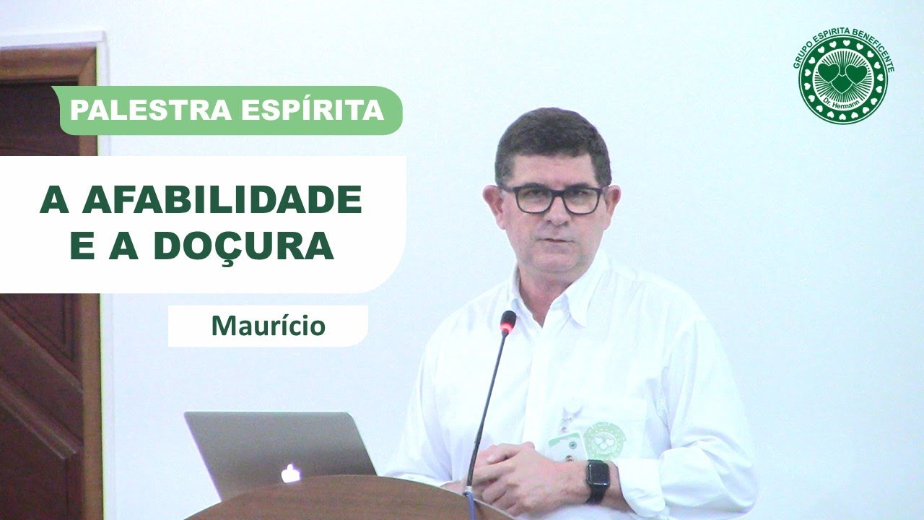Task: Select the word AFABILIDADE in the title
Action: pyautogui.click(x=222, y=200)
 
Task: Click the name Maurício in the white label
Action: pyautogui.click(x=268, y=326)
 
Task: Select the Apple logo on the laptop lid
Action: pyautogui.click(x=290, y=474)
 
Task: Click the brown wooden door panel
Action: pyautogui.click(x=43, y=361)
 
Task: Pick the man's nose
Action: pyautogui.click(x=554, y=213)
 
